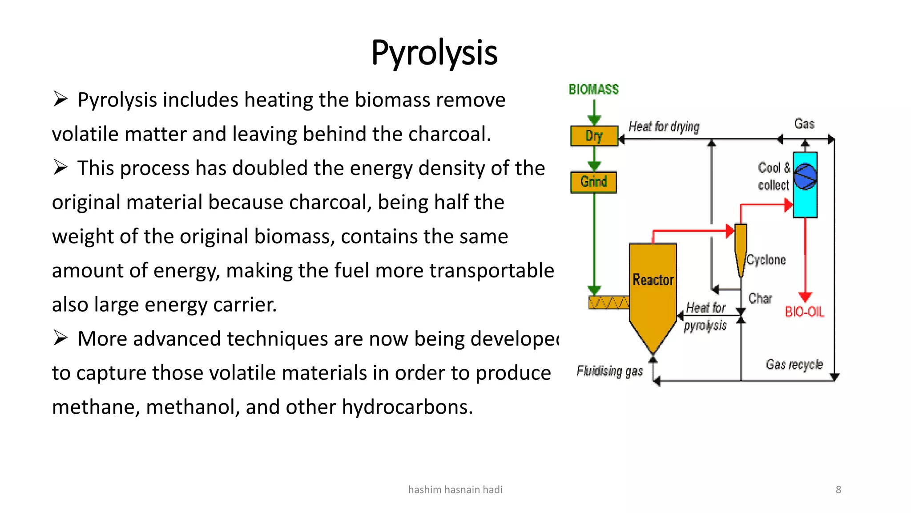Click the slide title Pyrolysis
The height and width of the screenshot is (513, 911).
coord(434,53)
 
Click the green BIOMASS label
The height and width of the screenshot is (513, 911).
coord(593,90)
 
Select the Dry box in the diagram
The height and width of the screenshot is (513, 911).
coord(594,136)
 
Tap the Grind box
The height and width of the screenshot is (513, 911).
coord(593,182)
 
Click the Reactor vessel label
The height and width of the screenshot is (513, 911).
coord(653,280)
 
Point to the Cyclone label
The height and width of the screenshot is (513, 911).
coord(766,260)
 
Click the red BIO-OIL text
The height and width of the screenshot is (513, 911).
coord(804,312)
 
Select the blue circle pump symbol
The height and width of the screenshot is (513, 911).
coord(805,177)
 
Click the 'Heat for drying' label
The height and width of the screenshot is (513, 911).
coord(664,127)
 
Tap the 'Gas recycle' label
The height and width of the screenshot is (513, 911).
coord(794,365)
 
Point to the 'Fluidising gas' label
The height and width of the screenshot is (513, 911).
coord(609,371)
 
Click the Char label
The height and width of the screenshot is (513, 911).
coord(760,298)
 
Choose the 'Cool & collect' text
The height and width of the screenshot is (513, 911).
coord(774,176)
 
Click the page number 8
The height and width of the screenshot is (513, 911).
coord(838,489)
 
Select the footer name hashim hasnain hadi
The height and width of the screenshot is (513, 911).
coord(455,489)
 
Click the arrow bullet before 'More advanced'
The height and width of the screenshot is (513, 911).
coord(60,338)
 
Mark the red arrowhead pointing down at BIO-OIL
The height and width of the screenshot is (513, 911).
coord(805,297)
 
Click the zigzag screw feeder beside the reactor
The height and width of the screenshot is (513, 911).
coord(609,303)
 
